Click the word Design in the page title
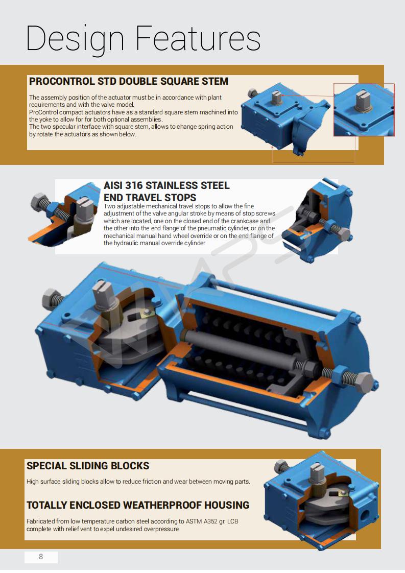pyautogui.click(x=75, y=39)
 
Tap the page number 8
pyautogui.click(x=41, y=556)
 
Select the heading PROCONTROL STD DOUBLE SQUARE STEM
pyautogui.click(x=129, y=81)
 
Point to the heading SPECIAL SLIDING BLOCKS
pyautogui.click(x=88, y=466)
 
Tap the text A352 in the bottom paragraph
pyautogui.click(x=208, y=521)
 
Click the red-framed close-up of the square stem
pyautogui.click(x=364, y=110)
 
